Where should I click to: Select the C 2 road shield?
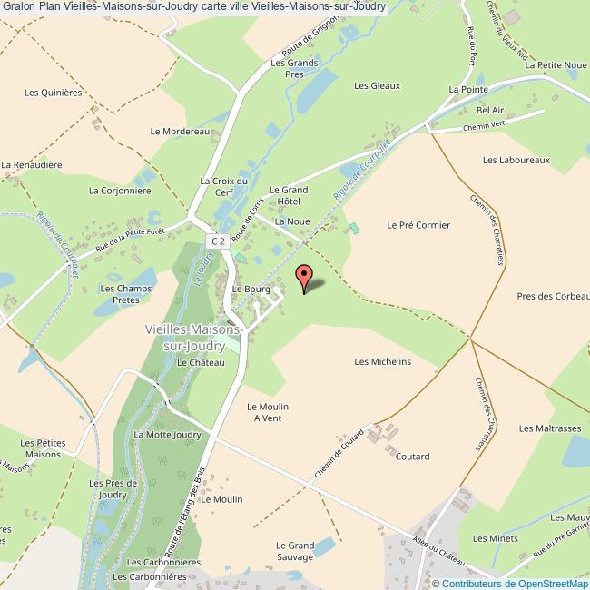click(x=217, y=241)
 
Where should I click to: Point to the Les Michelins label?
click(x=382, y=361)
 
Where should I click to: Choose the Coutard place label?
click(x=412, y=457)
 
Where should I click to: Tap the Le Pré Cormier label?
click(x=418, y=224)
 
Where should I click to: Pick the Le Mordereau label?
click(x=181, y=132)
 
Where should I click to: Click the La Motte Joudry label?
click(x=167, y=435)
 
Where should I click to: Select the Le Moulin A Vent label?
click(x=268, y=412)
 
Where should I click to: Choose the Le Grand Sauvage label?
click(x=295, y=551)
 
